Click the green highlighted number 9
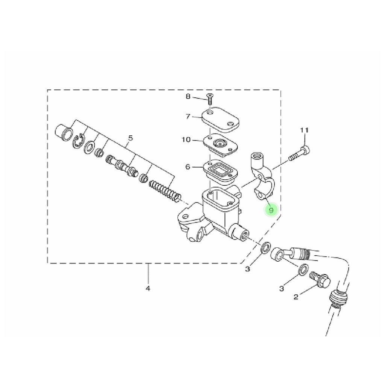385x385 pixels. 271,209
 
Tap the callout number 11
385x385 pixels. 304,130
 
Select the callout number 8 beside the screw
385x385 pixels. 188,97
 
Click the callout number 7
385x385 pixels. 188,117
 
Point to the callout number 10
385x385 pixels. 186,140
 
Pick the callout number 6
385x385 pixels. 188,167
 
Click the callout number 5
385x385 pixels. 130,138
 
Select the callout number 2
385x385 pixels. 296,297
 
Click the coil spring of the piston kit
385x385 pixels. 166,190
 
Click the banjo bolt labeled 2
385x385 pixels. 320,280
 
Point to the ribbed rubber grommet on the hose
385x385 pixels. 337,300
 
